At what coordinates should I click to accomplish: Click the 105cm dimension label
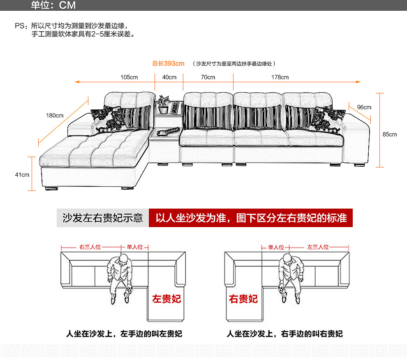point(129,77)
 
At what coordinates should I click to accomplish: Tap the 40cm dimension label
point(169,77)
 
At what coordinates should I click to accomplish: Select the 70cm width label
point(208,77)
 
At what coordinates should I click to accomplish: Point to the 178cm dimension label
point(280,77)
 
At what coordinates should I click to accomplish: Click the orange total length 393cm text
point(169,64)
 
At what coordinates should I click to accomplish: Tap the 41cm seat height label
point(22,174)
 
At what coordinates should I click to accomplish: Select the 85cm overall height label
point(389,135)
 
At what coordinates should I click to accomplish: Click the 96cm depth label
point(364,107)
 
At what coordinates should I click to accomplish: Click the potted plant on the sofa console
point(164,104)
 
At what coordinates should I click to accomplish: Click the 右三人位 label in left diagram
point(90,247)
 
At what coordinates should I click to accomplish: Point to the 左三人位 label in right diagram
point(318,247)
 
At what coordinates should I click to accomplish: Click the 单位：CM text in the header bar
point(53,5)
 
